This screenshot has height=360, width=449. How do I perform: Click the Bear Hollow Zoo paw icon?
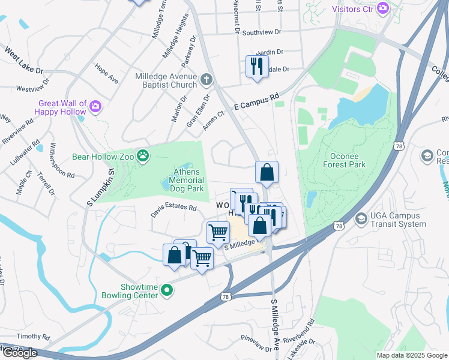tap(143, 157)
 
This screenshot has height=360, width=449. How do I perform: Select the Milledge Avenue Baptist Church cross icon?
tap(206, 79)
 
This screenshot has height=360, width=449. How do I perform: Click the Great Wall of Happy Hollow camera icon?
tap(95, 107)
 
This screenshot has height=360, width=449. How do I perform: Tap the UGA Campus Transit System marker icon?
tap(361, 218)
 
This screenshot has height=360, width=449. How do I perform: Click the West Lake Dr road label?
tap(24, 62)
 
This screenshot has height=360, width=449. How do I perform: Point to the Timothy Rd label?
tap(34, 337)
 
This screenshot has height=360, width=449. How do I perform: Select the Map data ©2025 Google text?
tap(411, 355)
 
